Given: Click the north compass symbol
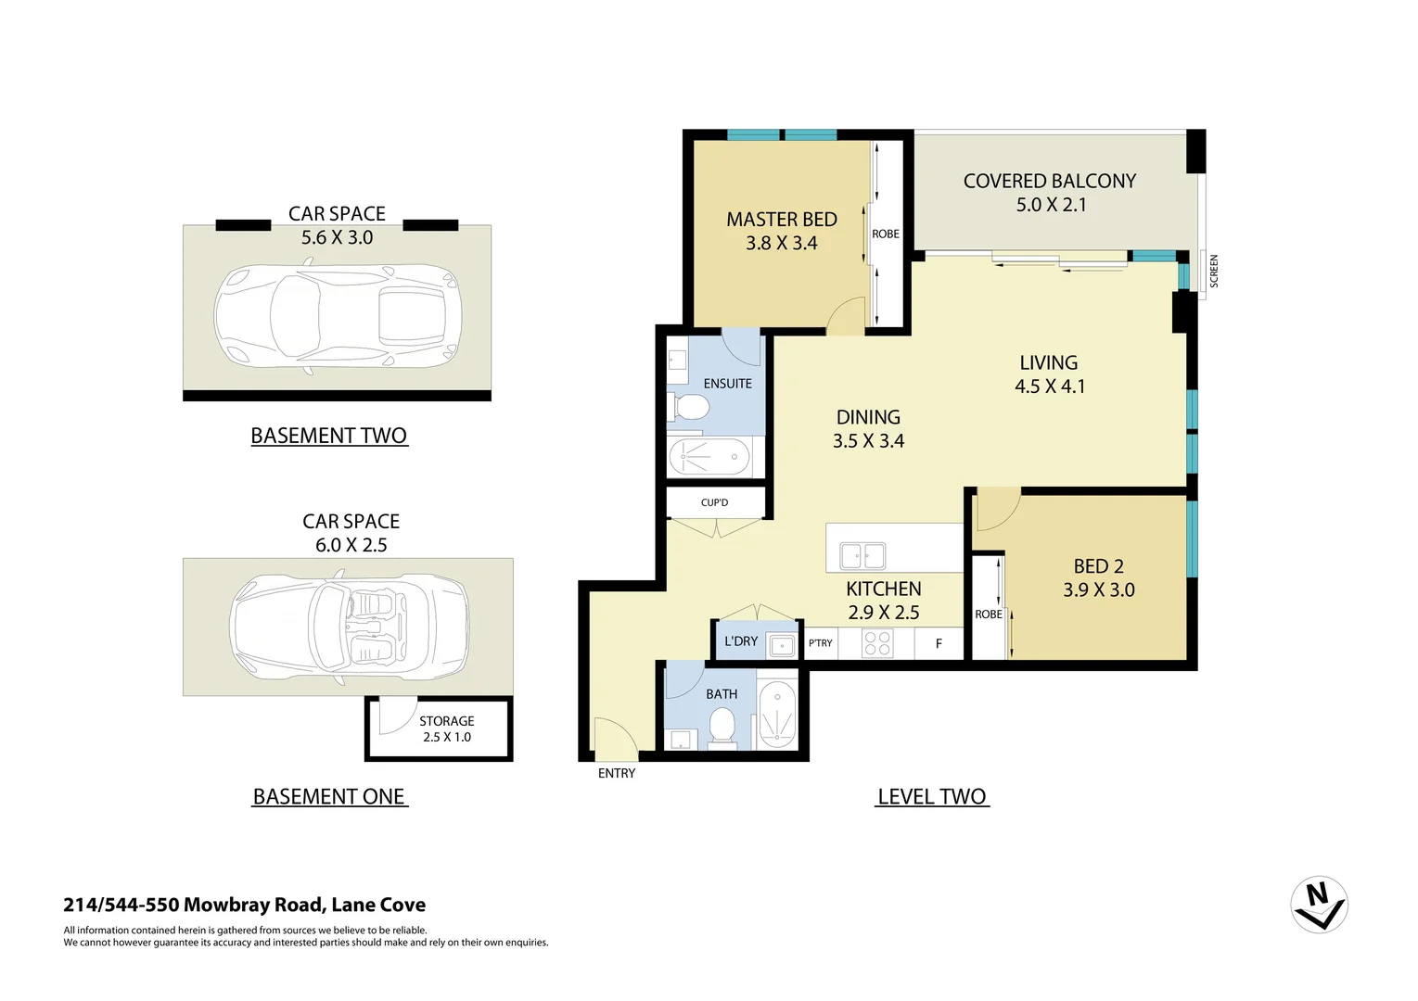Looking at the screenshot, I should [1319, 904].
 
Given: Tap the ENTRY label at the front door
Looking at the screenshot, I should [617, 773].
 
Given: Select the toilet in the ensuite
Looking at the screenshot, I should [689, 407].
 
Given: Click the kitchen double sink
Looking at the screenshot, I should [862, 556].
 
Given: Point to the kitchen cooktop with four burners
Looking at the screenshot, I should [876, 643].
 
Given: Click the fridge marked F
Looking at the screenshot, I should [939, 643].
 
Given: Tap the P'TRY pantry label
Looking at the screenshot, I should [820, 642].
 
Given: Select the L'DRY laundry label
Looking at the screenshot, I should [741, 640].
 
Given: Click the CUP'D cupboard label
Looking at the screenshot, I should [714, 502].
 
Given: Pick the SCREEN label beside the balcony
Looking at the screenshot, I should [1214, 271].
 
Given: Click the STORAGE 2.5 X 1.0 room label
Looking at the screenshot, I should [447, 729].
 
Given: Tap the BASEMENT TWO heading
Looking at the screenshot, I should [329, 436].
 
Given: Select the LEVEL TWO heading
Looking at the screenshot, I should [931, 797].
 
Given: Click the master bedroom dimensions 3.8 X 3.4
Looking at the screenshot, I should [782, 244].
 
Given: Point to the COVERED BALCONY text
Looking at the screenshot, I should [1049, 182].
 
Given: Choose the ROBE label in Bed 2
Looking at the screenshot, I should [988, 615].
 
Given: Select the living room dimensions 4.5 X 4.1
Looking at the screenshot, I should [1049, 386].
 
